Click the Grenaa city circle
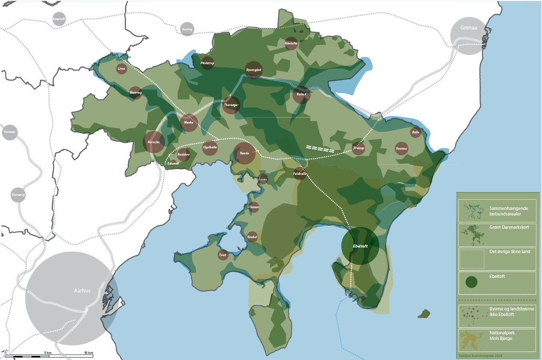click(469, 36)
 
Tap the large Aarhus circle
click(71, 298)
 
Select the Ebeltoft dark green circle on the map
click(360, 246)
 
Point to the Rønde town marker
click(244, 153)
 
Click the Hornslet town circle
click(154, 142)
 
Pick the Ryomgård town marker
click(253, 70)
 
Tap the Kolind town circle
click(301, 95)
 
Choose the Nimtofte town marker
click(291, 44)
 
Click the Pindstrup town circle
click(208, 63)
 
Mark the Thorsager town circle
click(231, 105)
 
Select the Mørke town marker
click(189, 123)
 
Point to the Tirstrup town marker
click(358, 148)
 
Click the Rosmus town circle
click(401, 148)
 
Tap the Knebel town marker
click(253, 237)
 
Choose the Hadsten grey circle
click(9, 133)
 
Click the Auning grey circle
click(187, 29)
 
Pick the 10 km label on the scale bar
click(88, 353)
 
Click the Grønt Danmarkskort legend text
click(509, 227)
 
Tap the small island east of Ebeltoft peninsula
click(424, 314)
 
